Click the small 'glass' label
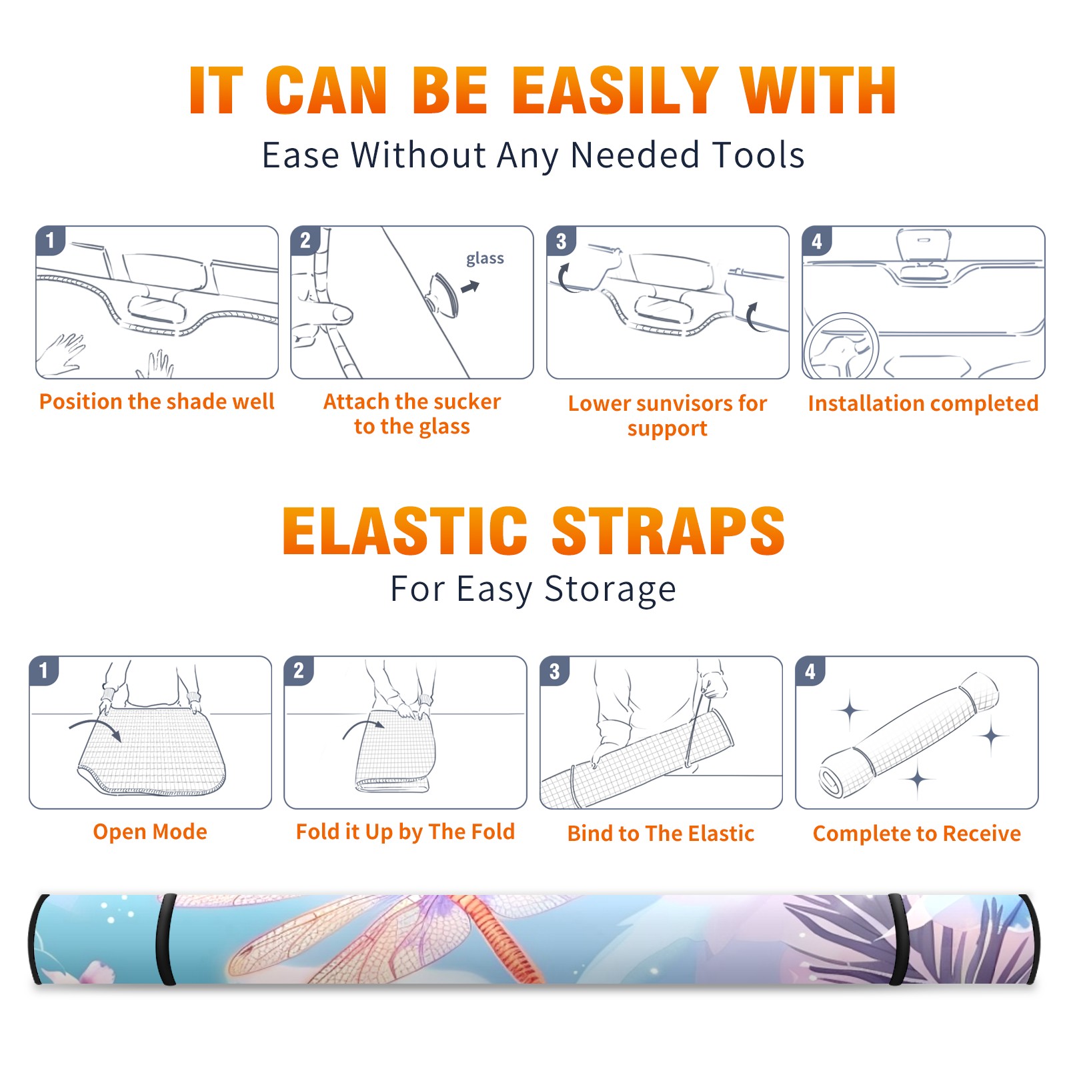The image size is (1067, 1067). [485, 258]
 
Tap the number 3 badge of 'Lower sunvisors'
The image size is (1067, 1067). [561, 241]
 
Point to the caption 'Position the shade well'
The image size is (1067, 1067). [157, 401]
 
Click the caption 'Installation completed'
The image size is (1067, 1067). [923, 403]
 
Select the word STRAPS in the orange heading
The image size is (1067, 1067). [668, 531]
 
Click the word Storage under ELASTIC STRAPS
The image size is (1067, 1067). [610, 590]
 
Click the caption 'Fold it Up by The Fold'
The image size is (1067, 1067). [405, 832]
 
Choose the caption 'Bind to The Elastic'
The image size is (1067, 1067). [661, 834]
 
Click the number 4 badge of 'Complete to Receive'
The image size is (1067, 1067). [810, 672]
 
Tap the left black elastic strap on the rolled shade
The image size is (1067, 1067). [166, 939]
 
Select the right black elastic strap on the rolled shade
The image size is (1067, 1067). [898, 939]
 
